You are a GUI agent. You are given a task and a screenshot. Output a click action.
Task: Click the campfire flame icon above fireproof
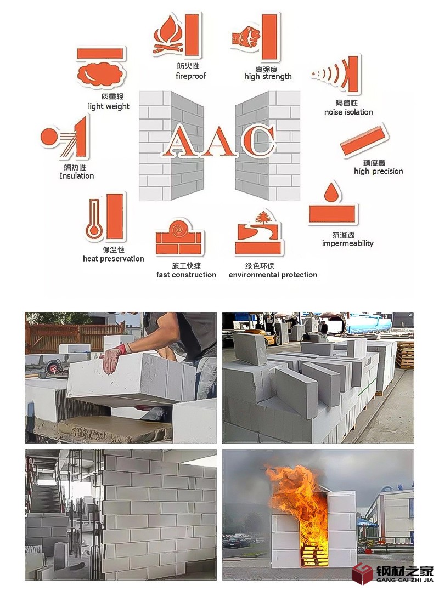tap(168, 35)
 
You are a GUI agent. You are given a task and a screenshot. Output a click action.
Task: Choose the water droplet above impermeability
tap(331, 192)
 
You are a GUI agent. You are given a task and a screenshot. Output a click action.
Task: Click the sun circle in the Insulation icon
tap(48, 137)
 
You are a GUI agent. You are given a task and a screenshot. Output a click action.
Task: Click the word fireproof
tap(191, 76)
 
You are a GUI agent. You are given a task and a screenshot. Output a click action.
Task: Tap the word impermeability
tap(347, 243)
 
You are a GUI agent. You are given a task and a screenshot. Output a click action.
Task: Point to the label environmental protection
tap(273, 275)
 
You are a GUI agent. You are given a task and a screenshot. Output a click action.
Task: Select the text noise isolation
tap(348, 112)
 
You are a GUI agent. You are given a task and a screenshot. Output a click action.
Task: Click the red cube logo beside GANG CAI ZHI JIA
tap(363, 573)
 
